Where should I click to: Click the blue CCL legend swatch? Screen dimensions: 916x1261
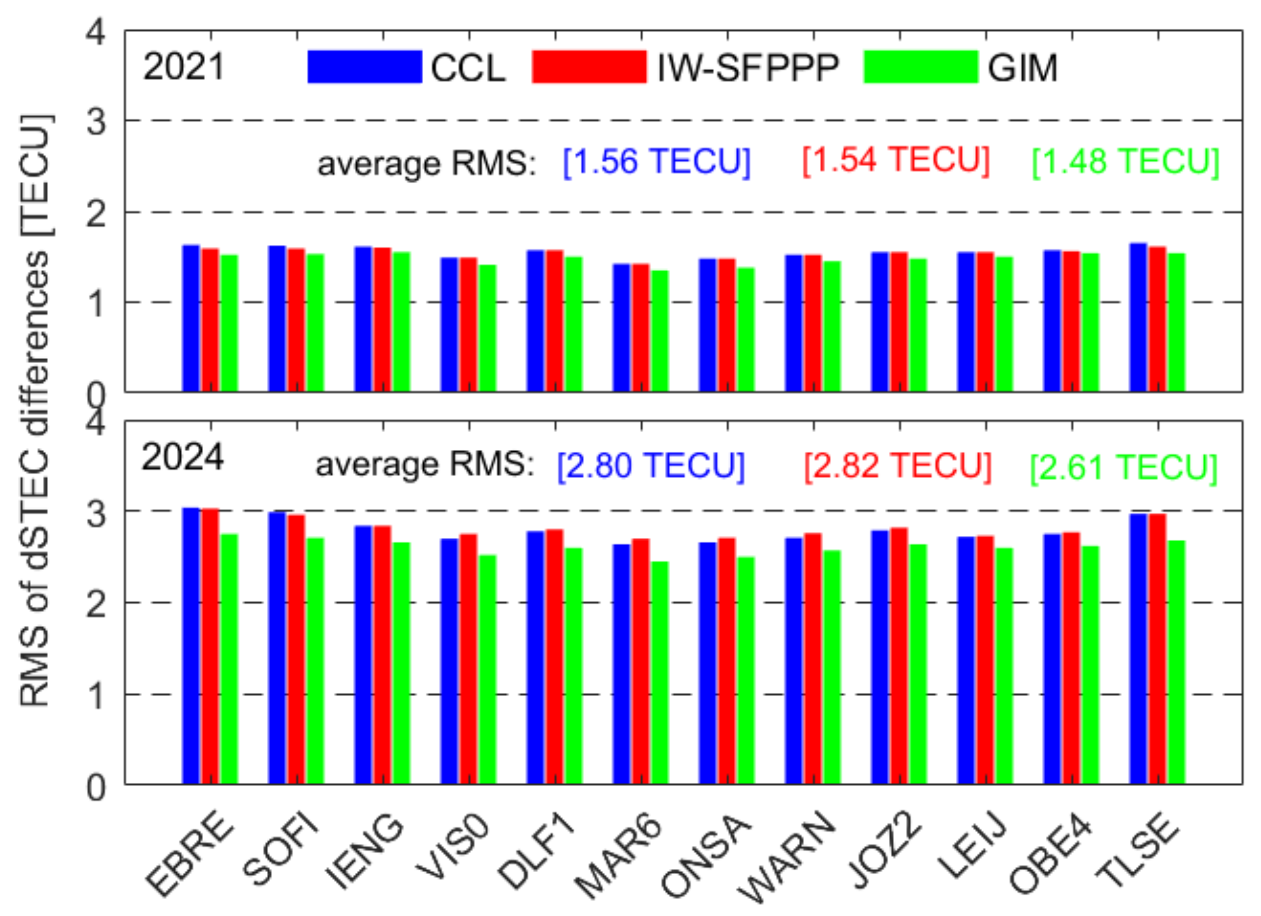coord(365,67)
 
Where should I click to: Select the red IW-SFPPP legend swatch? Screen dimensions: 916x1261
coord(589,67)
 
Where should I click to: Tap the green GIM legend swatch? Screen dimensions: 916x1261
coord(920,67)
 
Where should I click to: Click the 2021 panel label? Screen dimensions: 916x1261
coord(184,67)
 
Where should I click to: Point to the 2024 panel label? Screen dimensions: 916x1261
coord(182,458)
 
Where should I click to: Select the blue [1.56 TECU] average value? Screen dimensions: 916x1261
coord(656,162)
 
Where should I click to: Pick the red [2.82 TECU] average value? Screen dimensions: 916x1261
coord(898,466)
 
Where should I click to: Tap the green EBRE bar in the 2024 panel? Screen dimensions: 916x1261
coord(229,659)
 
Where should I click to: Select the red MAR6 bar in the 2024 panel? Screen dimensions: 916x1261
coord(640,662)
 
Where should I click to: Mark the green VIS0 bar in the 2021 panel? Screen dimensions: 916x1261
coord(487,328)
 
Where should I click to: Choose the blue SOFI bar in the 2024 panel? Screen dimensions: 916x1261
coord(277,648)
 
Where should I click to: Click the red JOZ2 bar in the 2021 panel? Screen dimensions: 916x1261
coord(898,322)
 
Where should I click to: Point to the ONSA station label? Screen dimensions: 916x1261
coord(706,857)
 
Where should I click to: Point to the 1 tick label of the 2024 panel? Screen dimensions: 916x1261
coord(96,696)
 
